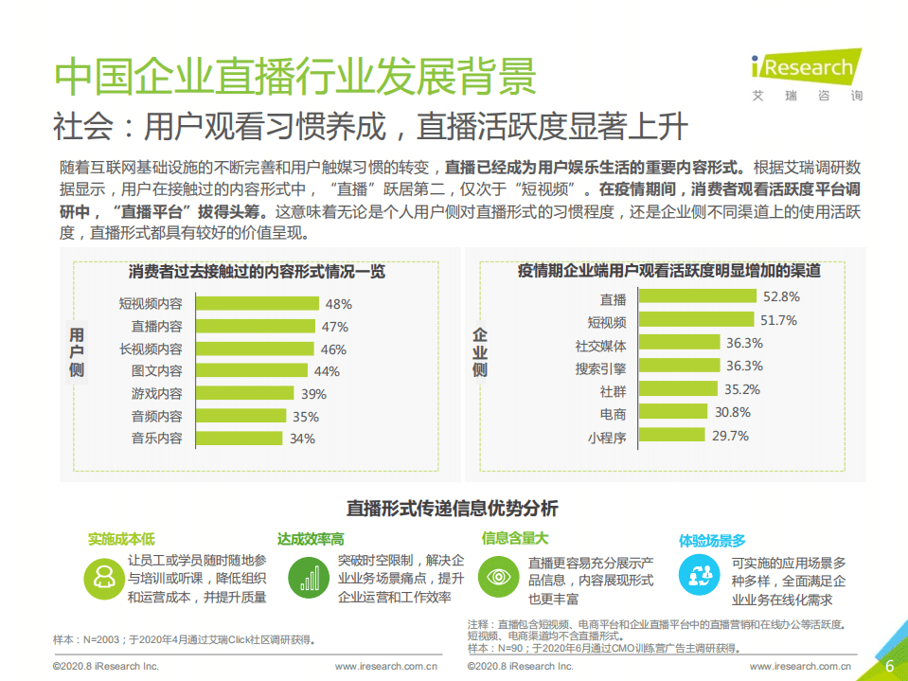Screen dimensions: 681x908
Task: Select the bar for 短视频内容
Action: pyautogui.click(x=257, y=304)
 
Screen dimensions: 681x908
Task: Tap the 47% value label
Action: pyautogui.click(x=335, y=327)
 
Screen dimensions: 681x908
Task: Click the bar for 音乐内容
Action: pyautogui.click(x=238, y=439)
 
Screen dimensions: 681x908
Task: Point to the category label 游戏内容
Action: pyautogui.click(x=156, y=394)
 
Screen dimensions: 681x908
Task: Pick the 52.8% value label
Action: pyautogui.click(x=782, y=296)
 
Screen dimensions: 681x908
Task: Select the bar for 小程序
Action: pyautogui.click(x=672, y=436)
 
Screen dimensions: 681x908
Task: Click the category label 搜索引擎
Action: pyautogui.click(x=600, y=367)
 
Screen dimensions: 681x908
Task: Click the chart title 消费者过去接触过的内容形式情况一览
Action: pyautogui.click(x=258, y=272)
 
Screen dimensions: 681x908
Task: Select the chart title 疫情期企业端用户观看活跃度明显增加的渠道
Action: pyautogui.click(x=668, y=271)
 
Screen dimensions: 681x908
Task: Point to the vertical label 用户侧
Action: pyautogui.click(x=77, y=353)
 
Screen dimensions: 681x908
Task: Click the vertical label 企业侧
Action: pyautogui.click(x=480, y=353)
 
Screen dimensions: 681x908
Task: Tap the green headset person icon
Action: pyautogui.click(x=102, y=577)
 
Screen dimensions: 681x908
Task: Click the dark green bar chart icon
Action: pyautogui.click(x=306, y=576)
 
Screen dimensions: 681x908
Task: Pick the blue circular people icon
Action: pyautogui.click(x=698, y=574)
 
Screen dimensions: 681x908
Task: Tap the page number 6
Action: pyautogui.click(x=889, y=665)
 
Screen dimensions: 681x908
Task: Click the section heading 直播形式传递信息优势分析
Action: pyautogui.click(x=452, y=509)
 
